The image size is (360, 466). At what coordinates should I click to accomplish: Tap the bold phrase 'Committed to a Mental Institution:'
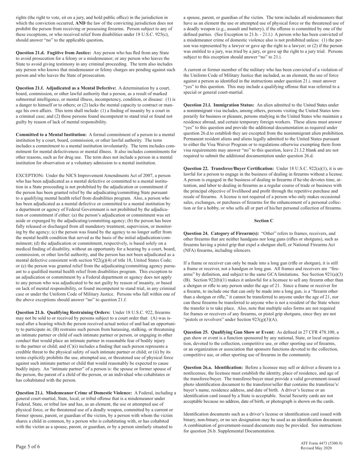point(51,134)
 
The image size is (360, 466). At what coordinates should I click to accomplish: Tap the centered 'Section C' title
point(264,220)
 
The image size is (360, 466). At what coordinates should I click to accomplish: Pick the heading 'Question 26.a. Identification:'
point(213,367)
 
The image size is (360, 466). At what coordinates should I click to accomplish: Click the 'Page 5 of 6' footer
point(28,446)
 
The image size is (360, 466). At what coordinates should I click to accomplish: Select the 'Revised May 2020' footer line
point(316,448)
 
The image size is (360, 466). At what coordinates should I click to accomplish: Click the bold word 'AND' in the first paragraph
point(80,23)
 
